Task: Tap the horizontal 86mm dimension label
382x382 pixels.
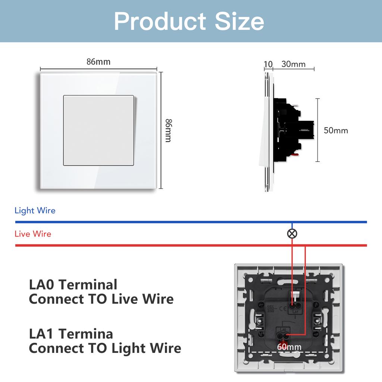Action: tap(98, 62)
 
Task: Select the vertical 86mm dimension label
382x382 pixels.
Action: tap(168, 130)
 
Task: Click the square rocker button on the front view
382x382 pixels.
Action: tap(98, 130)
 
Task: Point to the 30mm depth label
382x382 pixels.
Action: tap(293, 64)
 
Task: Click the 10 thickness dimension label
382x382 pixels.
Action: tap(268, 64)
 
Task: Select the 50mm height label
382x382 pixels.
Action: tap(336, 131)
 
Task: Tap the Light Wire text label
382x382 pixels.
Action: tap(35, 210)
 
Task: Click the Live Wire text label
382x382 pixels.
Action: tap(33, 234)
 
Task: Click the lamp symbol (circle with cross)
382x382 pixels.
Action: tap(292, 234)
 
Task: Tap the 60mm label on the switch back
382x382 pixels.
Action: tap(289, 347)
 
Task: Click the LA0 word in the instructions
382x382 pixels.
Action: tap(42, 285)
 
